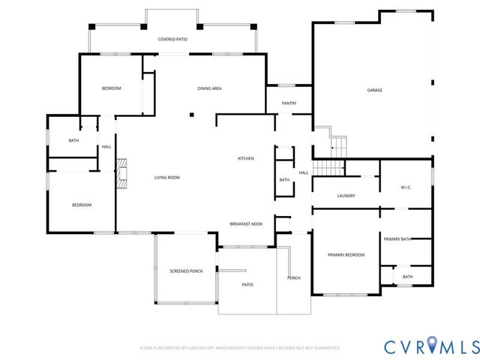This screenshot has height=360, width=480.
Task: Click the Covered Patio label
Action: point(172,38)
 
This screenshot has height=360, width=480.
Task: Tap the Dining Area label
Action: point(209,88)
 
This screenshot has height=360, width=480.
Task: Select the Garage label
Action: point(374,90)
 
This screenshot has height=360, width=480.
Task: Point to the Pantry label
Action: point(289,103)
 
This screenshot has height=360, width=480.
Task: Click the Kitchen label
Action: point(245,158)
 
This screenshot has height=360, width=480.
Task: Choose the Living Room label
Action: point(166,178)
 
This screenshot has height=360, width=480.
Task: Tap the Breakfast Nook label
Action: point(245,224)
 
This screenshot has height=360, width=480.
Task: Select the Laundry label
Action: point(346,196)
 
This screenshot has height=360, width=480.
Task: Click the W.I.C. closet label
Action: point(406,187)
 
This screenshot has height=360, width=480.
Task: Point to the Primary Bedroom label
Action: point(346,255)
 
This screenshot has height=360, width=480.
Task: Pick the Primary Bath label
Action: point(397,238)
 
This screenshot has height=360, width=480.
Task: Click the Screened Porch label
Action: point(186,271)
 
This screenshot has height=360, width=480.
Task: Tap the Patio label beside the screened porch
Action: point(247,285)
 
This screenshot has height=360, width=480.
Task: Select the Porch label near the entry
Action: point(294,278)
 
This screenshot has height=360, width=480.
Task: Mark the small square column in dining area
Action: point(192,115)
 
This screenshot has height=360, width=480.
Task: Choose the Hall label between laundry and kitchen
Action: point(304,173)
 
